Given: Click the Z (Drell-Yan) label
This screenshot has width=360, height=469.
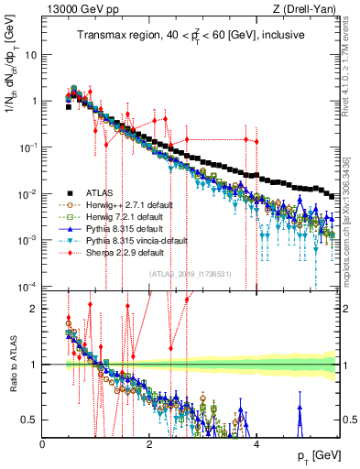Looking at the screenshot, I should click(306, 9).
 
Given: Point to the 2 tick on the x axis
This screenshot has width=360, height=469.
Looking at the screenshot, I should click(149, 443).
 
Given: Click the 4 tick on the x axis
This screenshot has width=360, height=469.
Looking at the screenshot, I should click(256, 443).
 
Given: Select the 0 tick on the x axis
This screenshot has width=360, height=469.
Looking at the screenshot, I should click(43, 443).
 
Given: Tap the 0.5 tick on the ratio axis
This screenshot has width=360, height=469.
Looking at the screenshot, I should click(29, 420).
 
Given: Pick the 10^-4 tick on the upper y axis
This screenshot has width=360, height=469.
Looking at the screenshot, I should click(26, 287).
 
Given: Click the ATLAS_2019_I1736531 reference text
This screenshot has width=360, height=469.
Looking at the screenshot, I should click(190, 274).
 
